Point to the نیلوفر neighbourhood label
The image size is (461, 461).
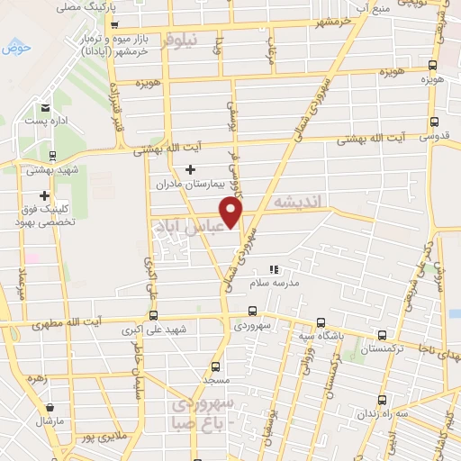(x=186, y=39)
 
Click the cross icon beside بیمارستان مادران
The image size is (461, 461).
(x=190, y=169)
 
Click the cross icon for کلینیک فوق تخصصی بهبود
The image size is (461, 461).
(x=43, y=195)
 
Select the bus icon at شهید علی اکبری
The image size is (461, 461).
(x=152, y=314)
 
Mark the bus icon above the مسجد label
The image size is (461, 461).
(x=215, y=366)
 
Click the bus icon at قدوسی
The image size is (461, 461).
(x=434, y=122)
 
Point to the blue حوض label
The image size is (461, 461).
(x=15, y=47)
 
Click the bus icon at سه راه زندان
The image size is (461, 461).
(x=384, y=399)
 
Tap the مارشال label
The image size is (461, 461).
(x=46, y=421)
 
